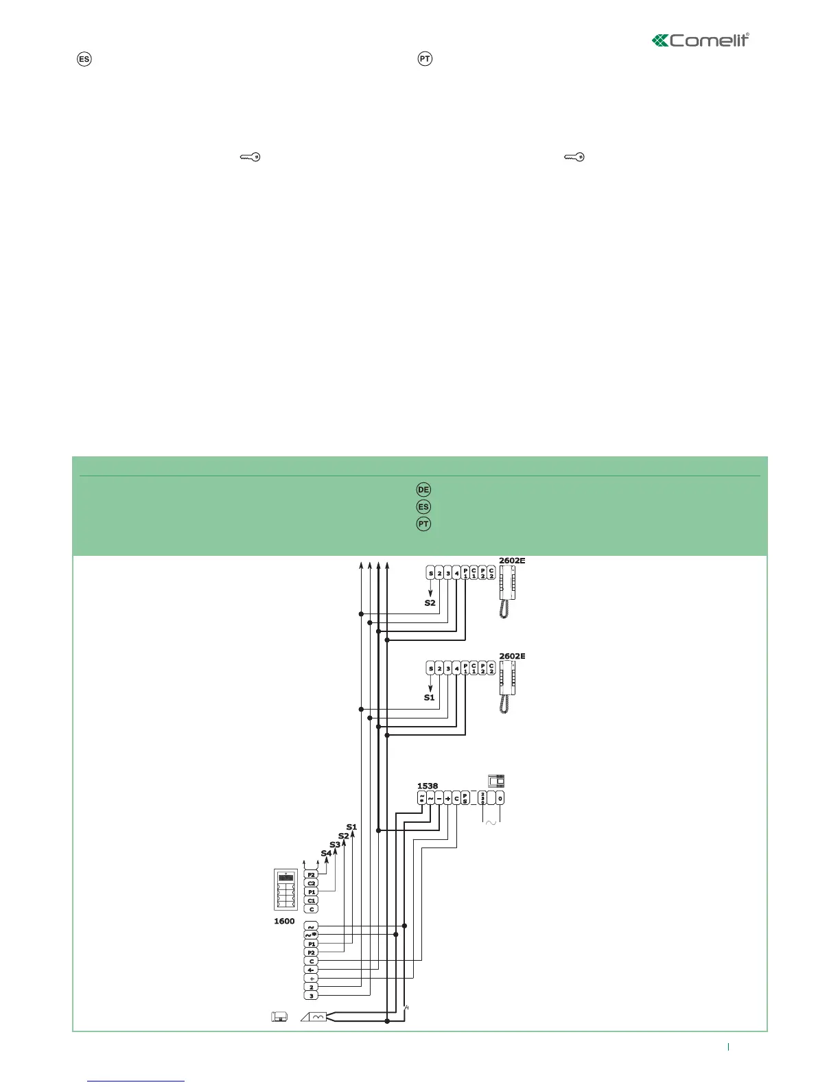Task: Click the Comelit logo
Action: pos(700,40)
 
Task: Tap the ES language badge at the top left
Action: pos(84,59)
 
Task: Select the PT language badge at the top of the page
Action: pos(425,59)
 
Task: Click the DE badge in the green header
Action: pos(423,489)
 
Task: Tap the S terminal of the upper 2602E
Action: pos(431,574)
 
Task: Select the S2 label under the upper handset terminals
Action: pos(430,603)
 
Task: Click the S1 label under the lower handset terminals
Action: pos(430,697)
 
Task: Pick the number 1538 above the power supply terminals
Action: pos(428,786)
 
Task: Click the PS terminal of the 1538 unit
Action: pos(465,798)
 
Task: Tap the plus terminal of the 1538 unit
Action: pos(447,798)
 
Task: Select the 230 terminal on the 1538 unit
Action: pos(482,798)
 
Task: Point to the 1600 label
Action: pos(284,921)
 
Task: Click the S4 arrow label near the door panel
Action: pos(326,853)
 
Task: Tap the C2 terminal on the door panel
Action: pos(312,883)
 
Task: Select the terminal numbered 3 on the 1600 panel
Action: pos(312,995)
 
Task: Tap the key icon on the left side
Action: pos(250,157)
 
